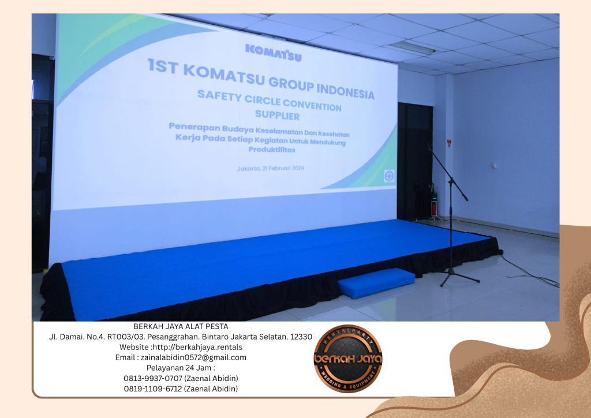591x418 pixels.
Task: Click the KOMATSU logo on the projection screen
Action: pyautogui.click(x=273, y=52)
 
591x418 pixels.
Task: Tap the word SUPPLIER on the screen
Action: pyautogui.click(x=277, y=114)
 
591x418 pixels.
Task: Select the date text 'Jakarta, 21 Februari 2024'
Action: pyautogui.click(x=270, y=168)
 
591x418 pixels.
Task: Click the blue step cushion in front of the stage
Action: pyautogui.click(x=376, y=282)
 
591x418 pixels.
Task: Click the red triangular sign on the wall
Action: pyautogui.click(x=448, y=141)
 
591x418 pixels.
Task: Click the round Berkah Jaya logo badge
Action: pyautogui.click(x=348, y=359)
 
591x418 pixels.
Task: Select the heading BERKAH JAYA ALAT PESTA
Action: pyautogui.click(x=181, y=326)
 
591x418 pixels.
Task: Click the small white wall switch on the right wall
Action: pyautogui.click(x=494, y=166)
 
